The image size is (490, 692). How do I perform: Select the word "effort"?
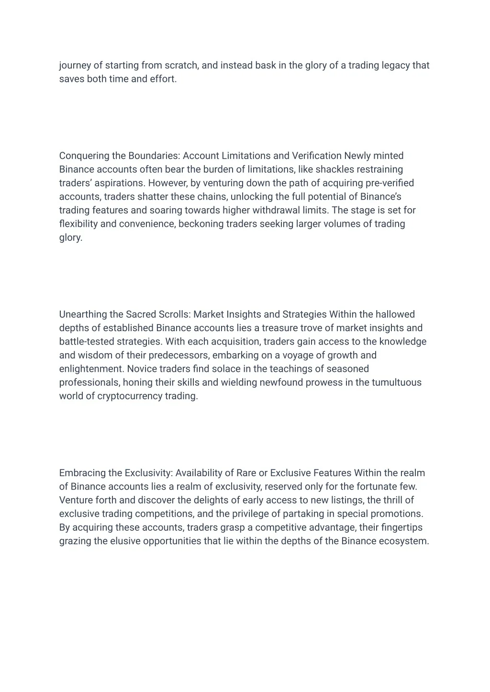[163, 79]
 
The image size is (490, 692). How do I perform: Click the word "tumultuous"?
[397, 383]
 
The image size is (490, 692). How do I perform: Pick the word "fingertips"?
[402, 528]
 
